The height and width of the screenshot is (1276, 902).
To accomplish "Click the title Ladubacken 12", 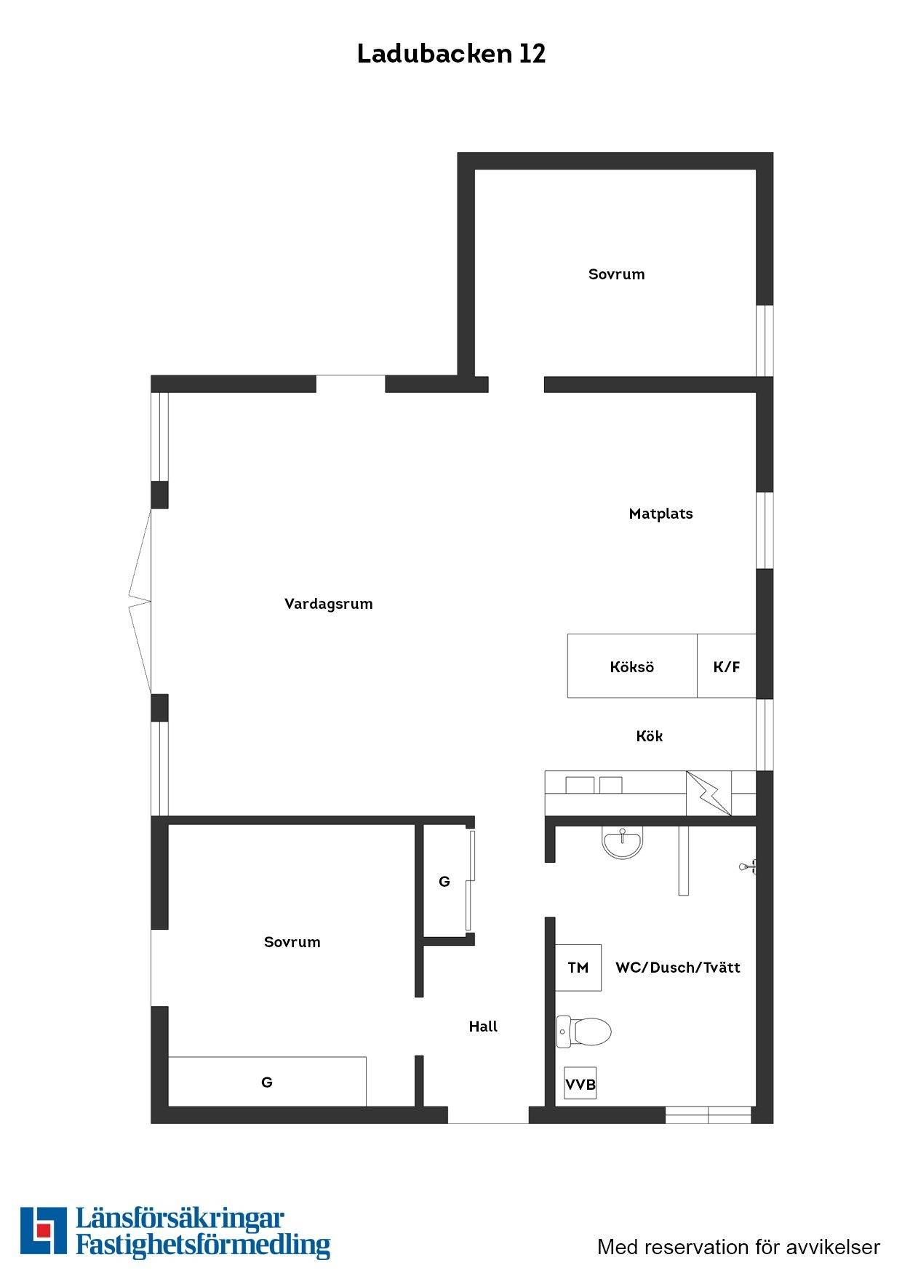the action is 451,54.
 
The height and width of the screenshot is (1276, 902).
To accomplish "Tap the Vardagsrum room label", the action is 329,604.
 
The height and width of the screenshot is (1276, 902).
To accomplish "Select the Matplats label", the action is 660,514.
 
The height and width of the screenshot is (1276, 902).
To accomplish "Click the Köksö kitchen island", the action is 632,666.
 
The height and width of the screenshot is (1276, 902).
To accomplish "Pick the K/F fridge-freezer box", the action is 727,666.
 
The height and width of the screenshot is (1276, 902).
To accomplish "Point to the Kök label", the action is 650,736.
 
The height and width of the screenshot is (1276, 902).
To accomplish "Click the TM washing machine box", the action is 578,968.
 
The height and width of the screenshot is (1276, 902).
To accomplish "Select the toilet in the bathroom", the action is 583,1031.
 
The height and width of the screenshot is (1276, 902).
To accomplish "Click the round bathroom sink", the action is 622,842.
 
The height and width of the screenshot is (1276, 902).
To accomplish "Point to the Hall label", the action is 483,1026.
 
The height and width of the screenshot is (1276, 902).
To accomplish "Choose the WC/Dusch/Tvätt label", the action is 678,968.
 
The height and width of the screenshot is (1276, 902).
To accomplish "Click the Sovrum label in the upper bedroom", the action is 617,274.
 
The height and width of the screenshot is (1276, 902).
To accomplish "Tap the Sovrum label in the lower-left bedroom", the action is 292,942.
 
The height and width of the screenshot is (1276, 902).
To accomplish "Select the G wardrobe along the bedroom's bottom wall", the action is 267,1082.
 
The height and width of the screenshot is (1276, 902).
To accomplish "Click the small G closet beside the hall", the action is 444,882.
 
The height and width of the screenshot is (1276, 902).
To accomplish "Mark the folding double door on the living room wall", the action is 140,602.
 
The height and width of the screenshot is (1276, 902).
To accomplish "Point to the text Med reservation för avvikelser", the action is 738,1247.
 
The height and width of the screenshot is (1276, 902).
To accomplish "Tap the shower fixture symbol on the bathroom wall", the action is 748,866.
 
